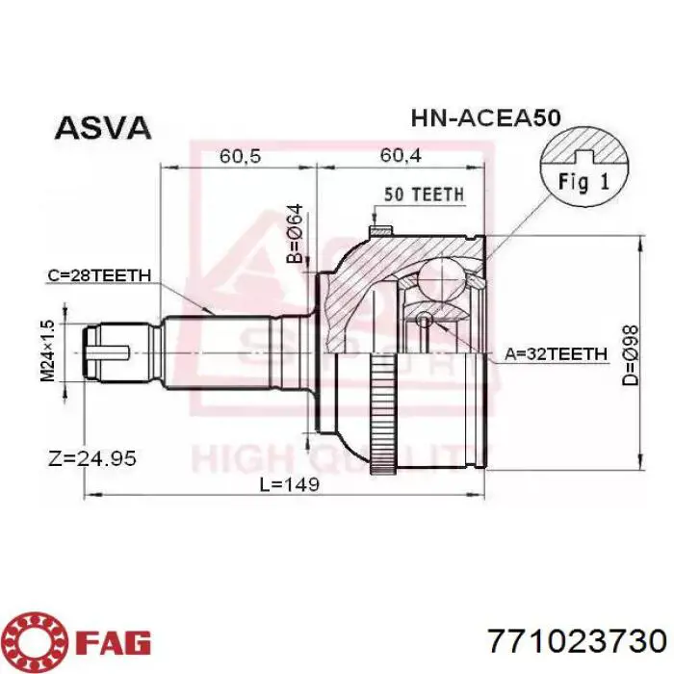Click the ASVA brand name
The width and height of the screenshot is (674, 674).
click(x=103, y=127)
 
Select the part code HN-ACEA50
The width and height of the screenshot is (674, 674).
click(x=486, y=117)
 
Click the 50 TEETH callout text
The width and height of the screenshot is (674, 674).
click(x=425, y=194)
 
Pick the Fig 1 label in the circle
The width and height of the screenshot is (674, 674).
click(x=583, y=182)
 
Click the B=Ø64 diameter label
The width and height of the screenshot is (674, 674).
click(x=296, y=233)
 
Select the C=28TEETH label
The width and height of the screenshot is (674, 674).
click(x=99, y=275)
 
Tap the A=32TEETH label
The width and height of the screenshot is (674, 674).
click(x=557, y=353)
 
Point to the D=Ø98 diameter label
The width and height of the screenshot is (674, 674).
click(x=631, y=355)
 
